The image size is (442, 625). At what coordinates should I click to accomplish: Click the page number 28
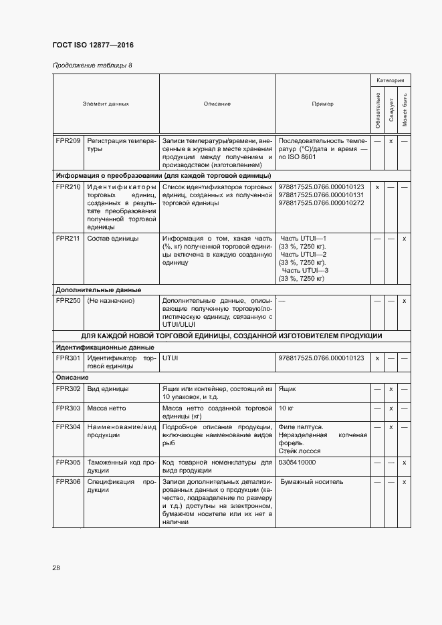point(56,568)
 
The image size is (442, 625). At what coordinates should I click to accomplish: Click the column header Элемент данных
point(106,104)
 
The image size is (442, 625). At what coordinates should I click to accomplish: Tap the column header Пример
point(322,104)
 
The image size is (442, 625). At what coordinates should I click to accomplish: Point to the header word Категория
point(390,80)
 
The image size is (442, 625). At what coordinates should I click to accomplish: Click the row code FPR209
point(68,141)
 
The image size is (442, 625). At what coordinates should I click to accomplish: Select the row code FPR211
point(68,239)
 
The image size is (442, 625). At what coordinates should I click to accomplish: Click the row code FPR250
point(68,301)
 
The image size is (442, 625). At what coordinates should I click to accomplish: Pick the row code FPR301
point(68,358)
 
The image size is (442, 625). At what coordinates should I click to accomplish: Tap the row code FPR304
point(68,427)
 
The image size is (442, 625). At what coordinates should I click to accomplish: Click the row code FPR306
point(68,481)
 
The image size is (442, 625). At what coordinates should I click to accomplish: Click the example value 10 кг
point(286,408)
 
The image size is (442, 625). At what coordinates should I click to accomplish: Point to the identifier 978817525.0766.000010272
point(322,203)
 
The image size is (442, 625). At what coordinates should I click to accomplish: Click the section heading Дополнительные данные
point(98,290)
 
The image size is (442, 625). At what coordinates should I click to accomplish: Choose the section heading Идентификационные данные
point(105,348)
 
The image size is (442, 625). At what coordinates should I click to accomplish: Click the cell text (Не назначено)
point(111,301)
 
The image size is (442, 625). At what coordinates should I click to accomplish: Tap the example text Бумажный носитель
point(312,481)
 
